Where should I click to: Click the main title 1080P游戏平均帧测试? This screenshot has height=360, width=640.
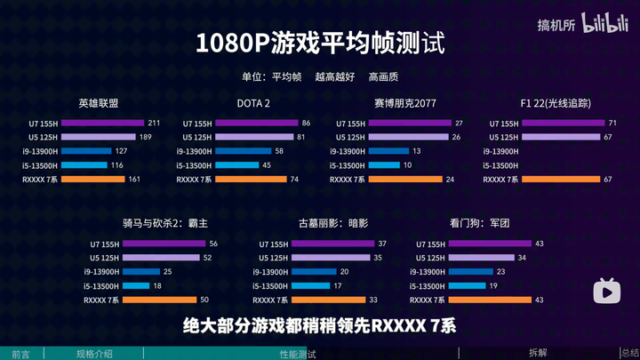coord(320,42)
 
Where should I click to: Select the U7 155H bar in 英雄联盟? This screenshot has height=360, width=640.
coord(102,123)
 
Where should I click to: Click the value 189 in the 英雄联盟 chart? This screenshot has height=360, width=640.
coord(146,137)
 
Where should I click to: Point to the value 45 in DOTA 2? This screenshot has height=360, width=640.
coord(267,165)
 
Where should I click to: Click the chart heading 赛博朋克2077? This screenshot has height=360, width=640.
coord(404,103)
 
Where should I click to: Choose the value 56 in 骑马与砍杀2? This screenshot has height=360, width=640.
coord(213,244)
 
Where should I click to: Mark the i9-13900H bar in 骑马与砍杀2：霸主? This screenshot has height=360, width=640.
coord(141,271)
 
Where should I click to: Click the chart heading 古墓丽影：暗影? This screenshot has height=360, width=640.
coord(333,223)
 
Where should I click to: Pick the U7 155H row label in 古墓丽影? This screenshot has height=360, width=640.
coord(271,244)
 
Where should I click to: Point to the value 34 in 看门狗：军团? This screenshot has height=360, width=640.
coord(523,258)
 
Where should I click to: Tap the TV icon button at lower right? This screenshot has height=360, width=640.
coord(607,291)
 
